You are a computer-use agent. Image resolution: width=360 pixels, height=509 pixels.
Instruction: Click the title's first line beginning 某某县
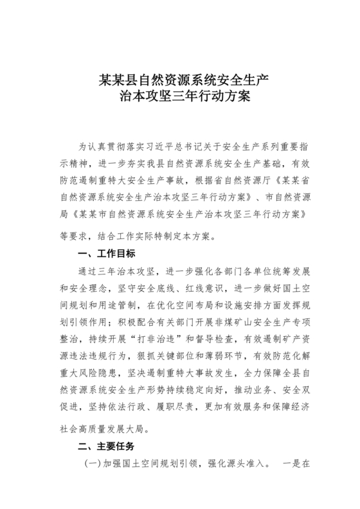[179, 81]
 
